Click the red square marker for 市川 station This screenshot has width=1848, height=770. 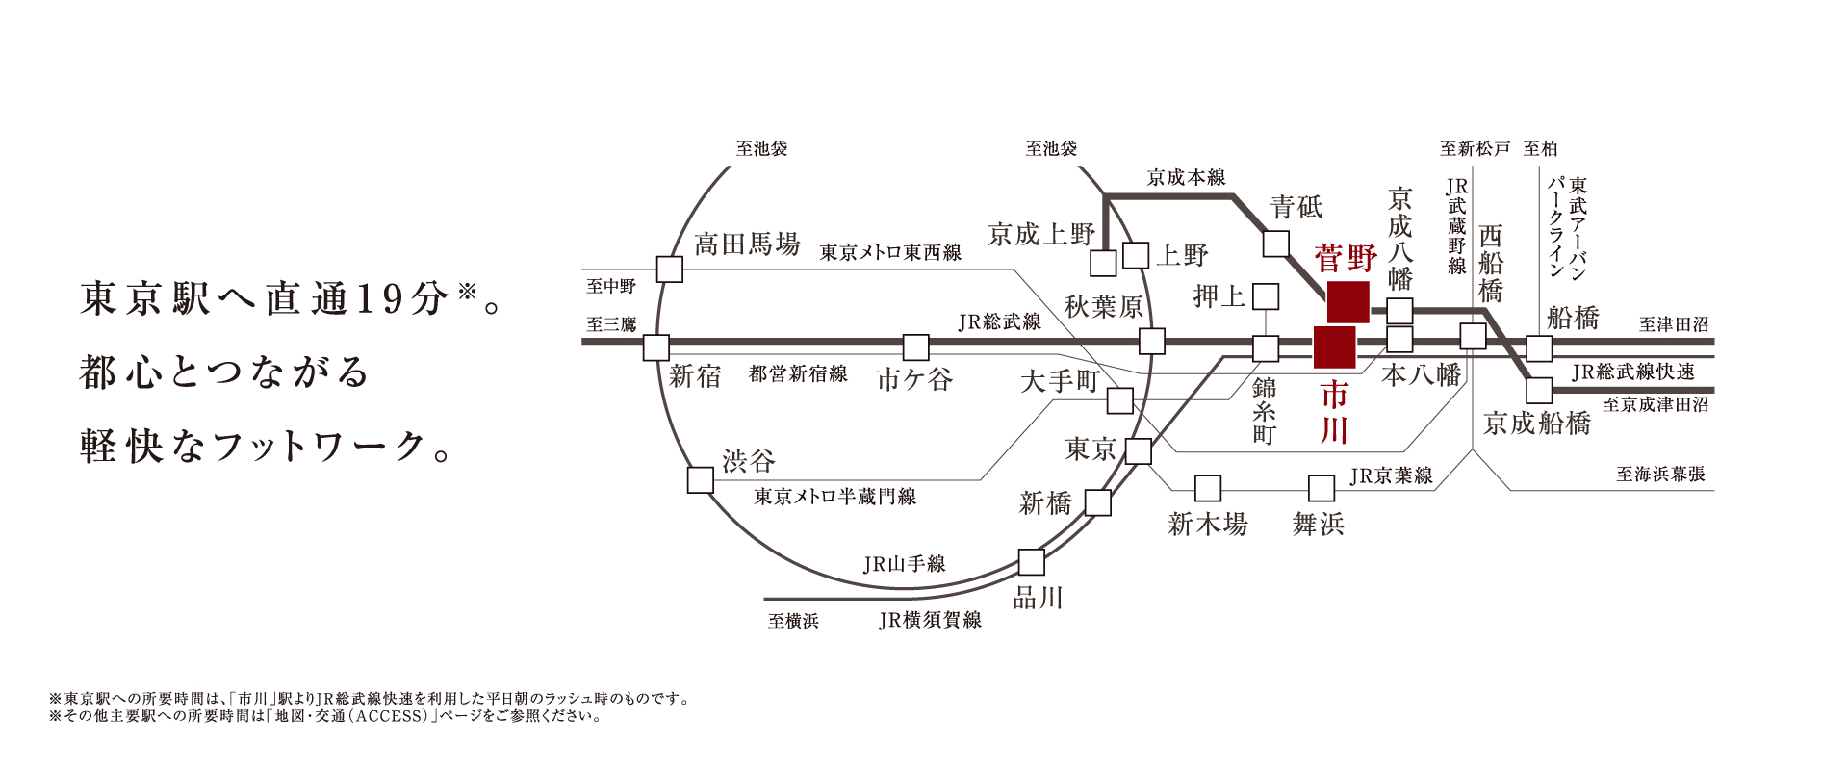[x=1334, y=346]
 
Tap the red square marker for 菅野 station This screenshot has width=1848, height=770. [x=1347, y=302]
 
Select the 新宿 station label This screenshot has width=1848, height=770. [x=695, y=376]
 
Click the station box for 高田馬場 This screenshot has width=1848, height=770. [x=669, y=269]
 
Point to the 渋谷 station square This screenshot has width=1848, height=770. [x=700, y=479]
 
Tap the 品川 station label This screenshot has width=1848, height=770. [x=1038, y=599]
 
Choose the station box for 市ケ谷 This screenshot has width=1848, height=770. [x=915, y=346]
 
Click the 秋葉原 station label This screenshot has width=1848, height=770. [x=1103, y=307]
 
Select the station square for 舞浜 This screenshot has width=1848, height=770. [x=1322, y=488]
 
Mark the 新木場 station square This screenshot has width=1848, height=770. [x=1207, y=488]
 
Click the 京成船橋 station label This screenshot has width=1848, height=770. [x=1536, y=423]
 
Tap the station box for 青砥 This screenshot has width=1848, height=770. [x=1275, y=244]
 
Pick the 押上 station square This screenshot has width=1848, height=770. [x=1265, y=295]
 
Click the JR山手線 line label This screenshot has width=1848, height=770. [x=904, y=564]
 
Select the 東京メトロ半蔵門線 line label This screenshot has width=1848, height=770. [x=834, y=497]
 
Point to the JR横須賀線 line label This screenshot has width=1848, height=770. [x=930, y=621]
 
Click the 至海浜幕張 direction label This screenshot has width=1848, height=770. [x=1660, y=475]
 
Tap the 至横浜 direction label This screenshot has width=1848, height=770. [x=793, y=622]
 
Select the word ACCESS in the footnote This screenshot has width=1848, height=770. [x=390, y=717]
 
